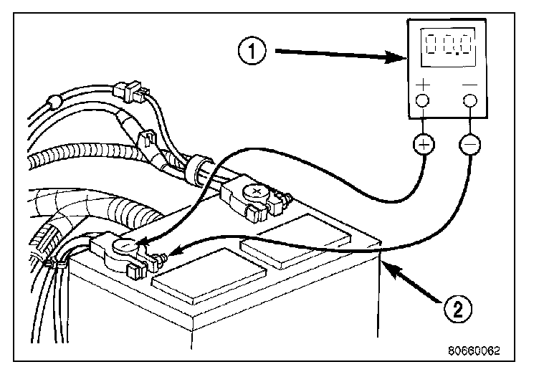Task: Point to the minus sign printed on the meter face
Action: pyautogui.click(x=470, y=85)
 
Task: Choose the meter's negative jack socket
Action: pyautogui.click(x=470, y=100)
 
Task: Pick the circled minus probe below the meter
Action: pyautogui.click(x=470, y=145)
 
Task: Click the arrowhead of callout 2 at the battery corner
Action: pyautogui.click(x=388, y=264)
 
